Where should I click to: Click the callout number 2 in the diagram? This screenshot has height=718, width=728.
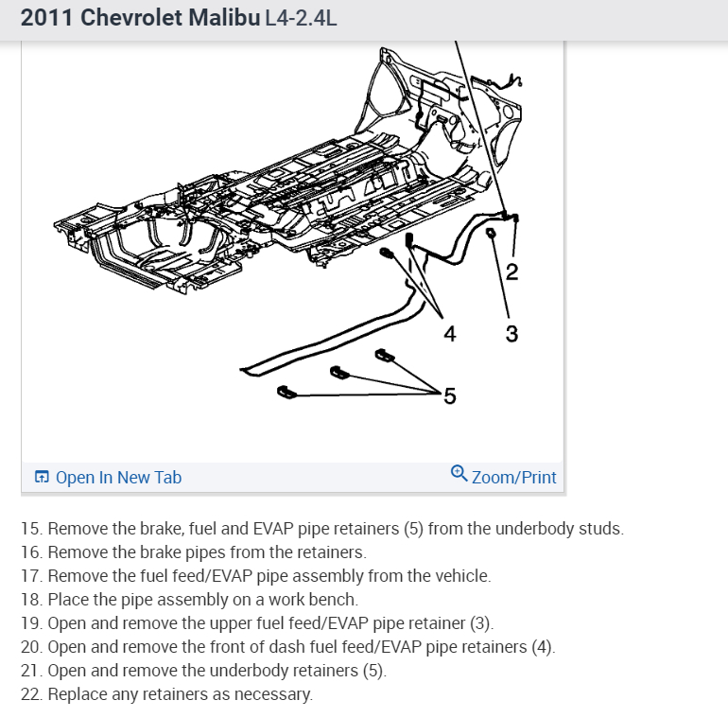click(511, 274)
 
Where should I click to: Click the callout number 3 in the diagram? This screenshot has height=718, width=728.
click(511, 333)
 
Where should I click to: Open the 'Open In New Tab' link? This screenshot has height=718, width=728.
click(118, 477)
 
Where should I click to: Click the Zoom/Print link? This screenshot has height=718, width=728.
click(513, 477)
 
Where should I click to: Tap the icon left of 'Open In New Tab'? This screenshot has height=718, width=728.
click(41, 477)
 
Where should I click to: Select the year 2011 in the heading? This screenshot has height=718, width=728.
click(45, 18)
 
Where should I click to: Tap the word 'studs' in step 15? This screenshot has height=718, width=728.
click(599, 529)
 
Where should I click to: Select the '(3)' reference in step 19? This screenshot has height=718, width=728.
click(479, 623)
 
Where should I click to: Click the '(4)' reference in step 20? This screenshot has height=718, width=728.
click(541, 647)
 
